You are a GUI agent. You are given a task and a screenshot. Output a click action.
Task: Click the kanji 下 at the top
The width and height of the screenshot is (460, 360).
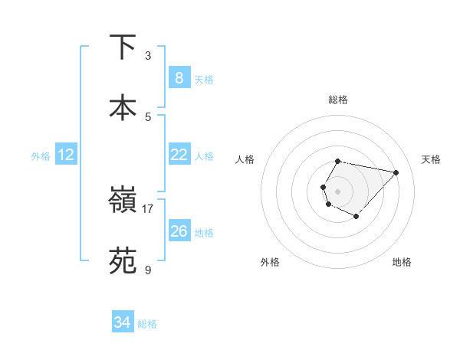coord(123,47)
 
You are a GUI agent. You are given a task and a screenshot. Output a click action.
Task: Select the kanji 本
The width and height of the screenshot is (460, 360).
coord(123,107)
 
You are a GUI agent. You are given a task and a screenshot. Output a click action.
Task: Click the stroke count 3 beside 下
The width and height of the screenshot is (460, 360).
coord(148,56)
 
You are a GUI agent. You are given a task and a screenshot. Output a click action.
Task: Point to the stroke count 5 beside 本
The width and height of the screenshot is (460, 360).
coord(148,116)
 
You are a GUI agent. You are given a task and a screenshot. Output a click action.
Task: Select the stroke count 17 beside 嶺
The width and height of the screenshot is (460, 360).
coord(148,208)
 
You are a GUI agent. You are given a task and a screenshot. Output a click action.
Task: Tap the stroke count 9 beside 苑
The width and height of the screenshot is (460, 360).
coord(148,270)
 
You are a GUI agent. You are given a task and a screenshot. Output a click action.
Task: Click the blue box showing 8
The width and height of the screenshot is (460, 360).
coord(179,78)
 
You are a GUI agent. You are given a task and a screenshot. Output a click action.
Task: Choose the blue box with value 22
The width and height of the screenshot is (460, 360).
coord(179,155)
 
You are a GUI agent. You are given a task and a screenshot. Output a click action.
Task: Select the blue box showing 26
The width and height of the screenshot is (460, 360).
coord(179,231)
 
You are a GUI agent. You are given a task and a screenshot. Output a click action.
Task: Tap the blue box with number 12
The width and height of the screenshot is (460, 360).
coord(66,155)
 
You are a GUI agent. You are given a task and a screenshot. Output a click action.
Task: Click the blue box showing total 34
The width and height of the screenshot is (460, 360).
coord(123,323)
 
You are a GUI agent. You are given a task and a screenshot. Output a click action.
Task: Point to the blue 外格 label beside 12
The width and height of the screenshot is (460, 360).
coord(41,156)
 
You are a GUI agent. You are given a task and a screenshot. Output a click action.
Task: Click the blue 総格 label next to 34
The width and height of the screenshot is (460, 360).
coord(147,324)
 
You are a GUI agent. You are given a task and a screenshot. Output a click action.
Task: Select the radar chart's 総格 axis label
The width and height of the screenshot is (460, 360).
coord(338,100)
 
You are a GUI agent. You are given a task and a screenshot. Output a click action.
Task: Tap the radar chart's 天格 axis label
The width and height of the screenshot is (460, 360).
coord(431,159)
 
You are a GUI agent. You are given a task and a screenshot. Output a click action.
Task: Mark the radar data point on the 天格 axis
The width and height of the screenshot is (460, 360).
coord(396,172)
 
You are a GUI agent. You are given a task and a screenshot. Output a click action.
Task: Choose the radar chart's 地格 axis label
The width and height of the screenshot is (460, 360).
coord(402,262)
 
